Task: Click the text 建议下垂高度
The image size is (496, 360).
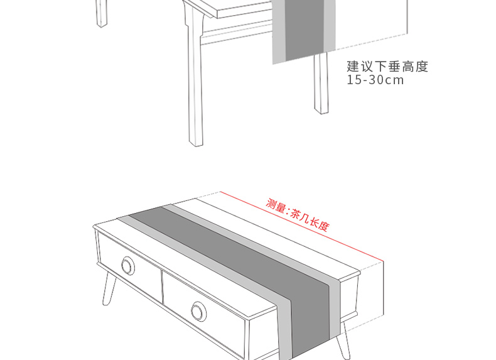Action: pos(387,67)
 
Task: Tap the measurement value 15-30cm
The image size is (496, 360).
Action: pos(375,80)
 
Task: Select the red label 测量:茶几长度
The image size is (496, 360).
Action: pos(297,215)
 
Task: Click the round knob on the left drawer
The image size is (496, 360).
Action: pos(127,266)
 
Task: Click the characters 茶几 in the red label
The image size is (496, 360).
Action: pos(303,217)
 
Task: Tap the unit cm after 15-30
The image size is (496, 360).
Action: pos(395,80)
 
